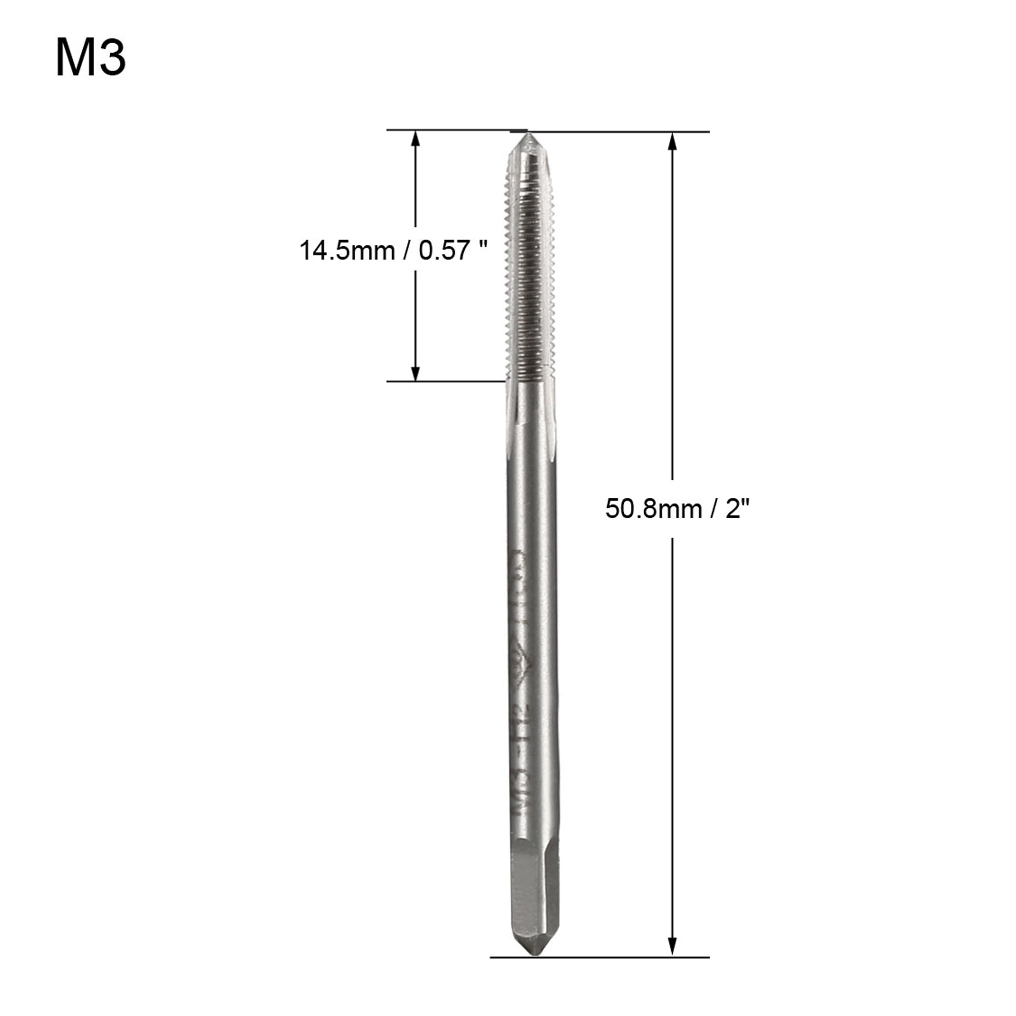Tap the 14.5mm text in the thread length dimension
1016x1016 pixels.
346,250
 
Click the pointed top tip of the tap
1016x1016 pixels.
529,136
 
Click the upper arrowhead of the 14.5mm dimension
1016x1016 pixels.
416,139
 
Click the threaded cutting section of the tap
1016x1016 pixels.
530,273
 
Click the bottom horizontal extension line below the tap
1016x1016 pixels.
599,958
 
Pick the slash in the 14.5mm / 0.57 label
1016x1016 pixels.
406,250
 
